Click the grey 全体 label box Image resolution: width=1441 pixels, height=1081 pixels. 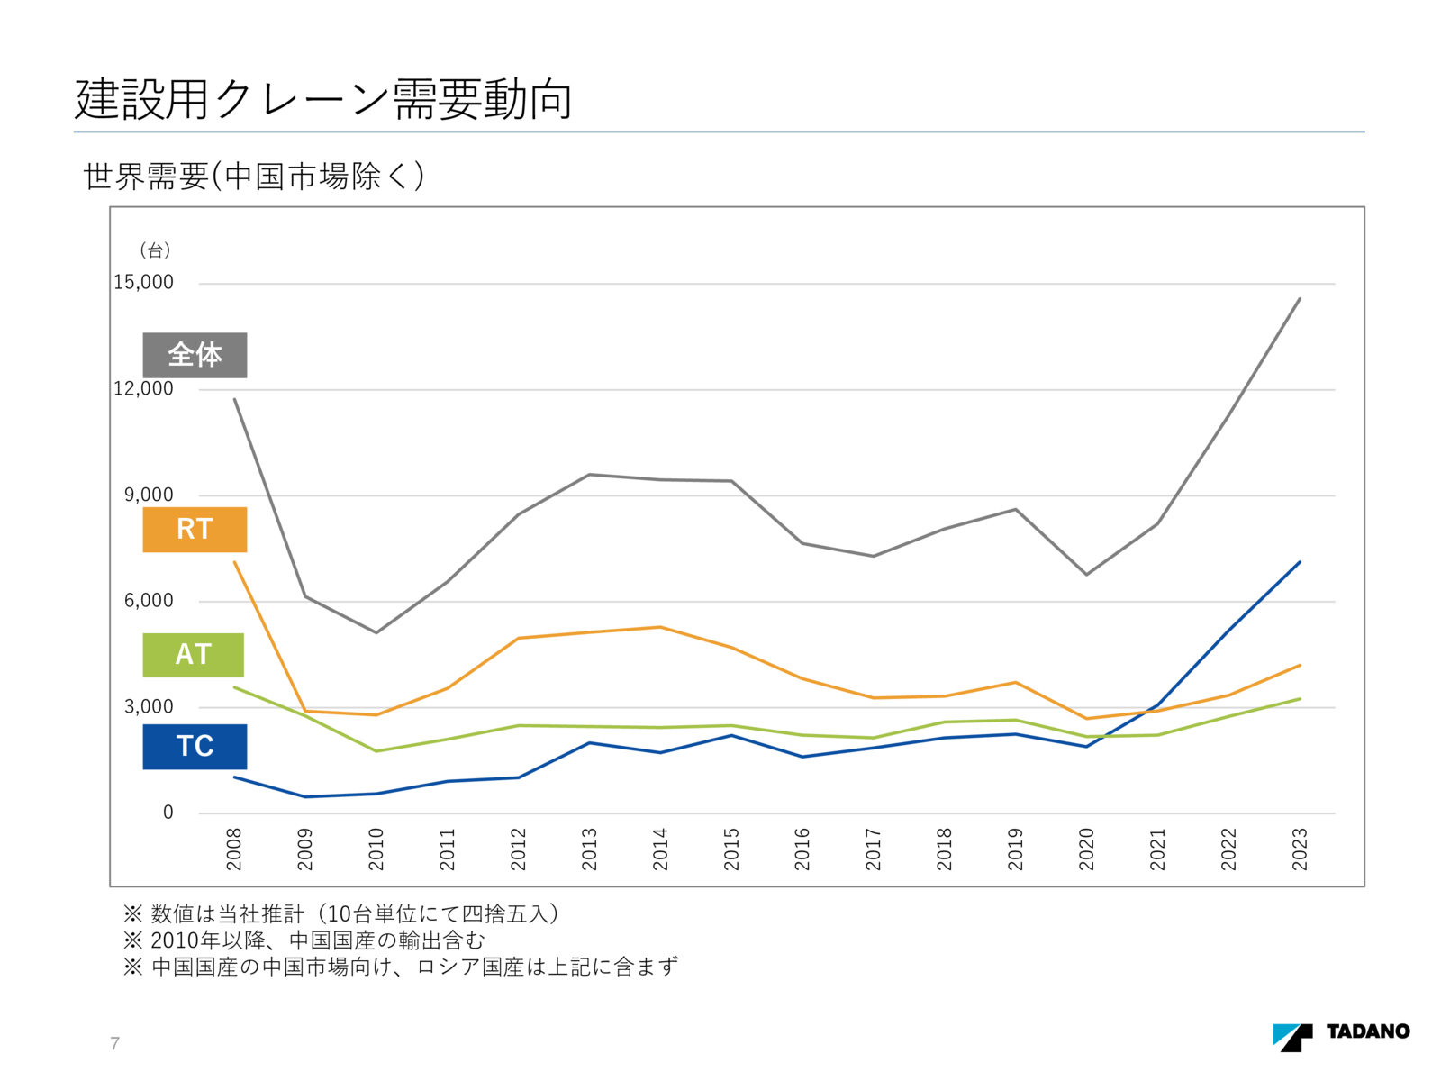click(x=195, y=355)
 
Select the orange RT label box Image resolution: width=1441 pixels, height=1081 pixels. click(x=195, y=529)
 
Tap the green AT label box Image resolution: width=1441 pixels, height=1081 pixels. click(x=193, y=655)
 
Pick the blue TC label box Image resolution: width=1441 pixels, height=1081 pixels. click(x=195, y=747)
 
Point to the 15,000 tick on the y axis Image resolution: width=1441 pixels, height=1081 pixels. click(x=143, y=283)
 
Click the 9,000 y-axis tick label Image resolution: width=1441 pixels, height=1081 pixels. click(x=149, y=495)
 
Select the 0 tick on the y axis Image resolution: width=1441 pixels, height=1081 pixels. click(x=168, y=813)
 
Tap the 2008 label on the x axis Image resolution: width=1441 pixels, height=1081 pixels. click(x=234, y=849)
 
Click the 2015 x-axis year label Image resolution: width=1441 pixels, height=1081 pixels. click(x=731, y=849)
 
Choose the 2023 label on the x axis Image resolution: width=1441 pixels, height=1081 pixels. click(x=1300, y=849)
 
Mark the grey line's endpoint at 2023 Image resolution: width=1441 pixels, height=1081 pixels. click(x=1300, y=298)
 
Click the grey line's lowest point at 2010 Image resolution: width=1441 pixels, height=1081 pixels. click(x=376, y=632)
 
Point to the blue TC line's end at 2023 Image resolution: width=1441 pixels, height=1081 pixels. click(x=1300, y=562)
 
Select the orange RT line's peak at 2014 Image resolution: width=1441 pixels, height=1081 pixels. click(x=660, y=627)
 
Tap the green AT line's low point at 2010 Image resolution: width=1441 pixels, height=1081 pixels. click(x=376, y=751)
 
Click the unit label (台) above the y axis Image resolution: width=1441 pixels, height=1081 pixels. click(x=155, y=250)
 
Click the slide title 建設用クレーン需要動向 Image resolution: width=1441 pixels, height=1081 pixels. click(x=323, y=99)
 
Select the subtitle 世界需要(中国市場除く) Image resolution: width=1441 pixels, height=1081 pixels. click(x=254, y=176)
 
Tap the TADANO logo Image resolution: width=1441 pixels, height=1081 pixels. click(x=1341, y=1035)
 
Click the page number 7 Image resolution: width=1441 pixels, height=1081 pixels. click(x=114, y=1043)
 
